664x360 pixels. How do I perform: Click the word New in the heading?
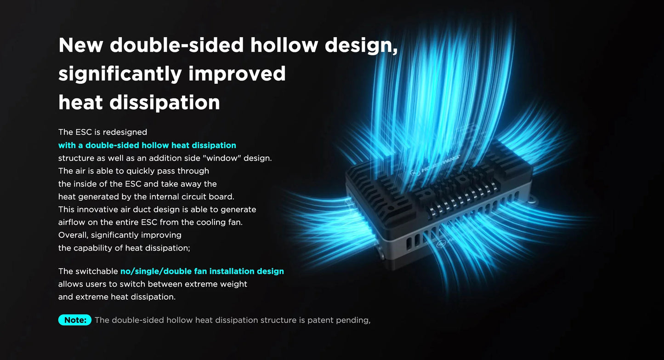80,45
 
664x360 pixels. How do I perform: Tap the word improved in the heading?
237,74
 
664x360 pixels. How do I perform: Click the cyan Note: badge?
75,320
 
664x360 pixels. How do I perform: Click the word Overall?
73,235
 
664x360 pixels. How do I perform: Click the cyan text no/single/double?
156,271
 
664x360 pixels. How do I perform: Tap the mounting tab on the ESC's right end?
533,200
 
